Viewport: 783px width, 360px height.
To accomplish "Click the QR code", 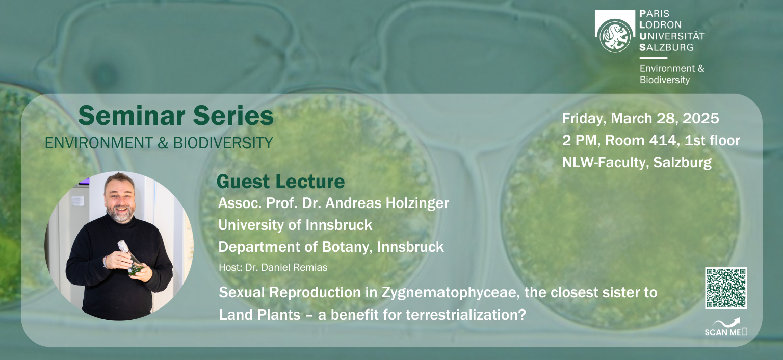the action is pos(726,288).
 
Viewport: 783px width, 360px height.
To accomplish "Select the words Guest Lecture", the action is pos(281,182).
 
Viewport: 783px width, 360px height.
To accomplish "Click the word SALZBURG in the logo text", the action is pos(666,47).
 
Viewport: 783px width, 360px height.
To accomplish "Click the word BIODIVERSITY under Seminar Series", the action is pos(223,143).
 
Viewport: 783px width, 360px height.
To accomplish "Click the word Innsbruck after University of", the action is pos(338,225).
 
